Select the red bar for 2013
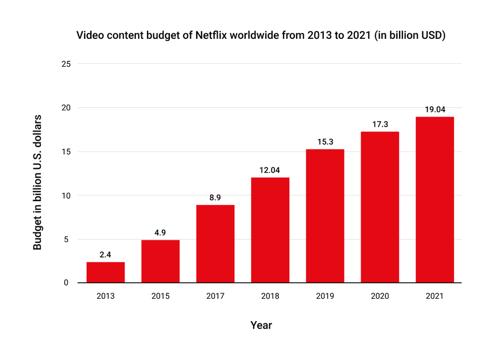click(x=106, y=272)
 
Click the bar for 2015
click(x=160, y=261)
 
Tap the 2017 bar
click(x=215, y=244)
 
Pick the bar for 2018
click(x=270, y=230)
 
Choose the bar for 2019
click(x=325, y=216)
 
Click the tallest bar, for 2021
click(x=434, y=200)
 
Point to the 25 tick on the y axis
click(x=66, y=64)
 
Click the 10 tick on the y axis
click(x=66, y=195)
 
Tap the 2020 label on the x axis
click(x=379, y=296)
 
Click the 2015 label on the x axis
click(x=160, y=296)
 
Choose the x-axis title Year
click(x=261, y=325)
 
